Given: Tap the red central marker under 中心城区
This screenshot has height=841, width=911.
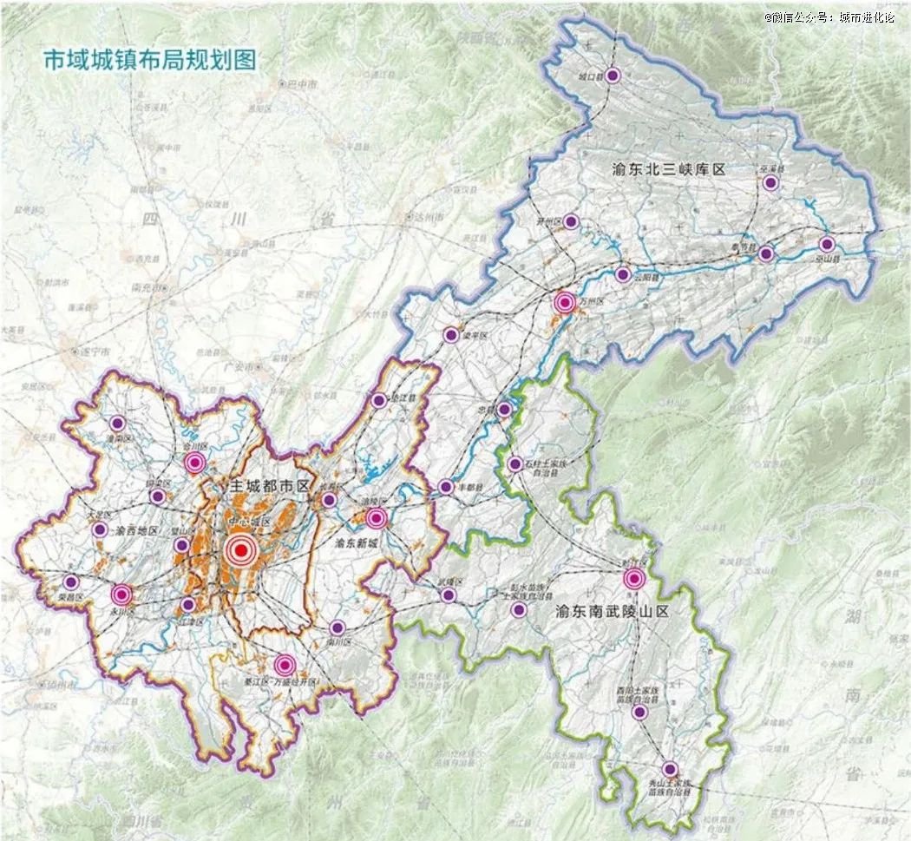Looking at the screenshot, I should coord(240,550).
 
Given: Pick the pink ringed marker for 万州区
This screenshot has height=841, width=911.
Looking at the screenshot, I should coord(565,303).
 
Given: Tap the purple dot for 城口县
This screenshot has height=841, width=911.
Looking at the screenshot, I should coord(613,76).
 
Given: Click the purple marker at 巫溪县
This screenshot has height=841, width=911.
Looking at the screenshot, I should coord(770,183).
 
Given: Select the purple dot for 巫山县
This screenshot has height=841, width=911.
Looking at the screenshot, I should coord(826,245).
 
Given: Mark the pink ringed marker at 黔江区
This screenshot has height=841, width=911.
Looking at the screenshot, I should coord(635,579).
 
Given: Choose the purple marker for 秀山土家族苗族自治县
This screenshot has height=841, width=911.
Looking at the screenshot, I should coord(670,769).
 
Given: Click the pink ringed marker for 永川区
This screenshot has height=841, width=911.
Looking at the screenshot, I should coord(121,595).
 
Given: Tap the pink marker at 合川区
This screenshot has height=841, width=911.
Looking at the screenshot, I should coord(194,463).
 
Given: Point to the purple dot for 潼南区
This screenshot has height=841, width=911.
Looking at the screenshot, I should coord(118,424).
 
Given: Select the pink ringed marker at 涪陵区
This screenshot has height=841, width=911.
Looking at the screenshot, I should coord(376,519).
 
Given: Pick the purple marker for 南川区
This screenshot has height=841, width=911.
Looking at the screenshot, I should coord(338,627).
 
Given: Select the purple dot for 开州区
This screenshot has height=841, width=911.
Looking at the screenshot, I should coord(570,221).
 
